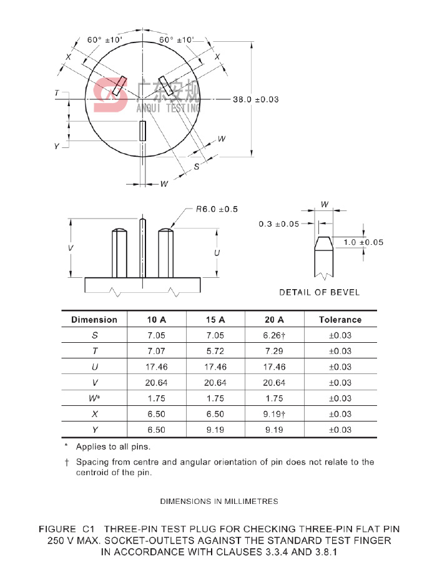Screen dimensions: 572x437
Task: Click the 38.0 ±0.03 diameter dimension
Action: point(256,99)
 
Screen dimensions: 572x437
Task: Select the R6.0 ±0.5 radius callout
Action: point(217,209)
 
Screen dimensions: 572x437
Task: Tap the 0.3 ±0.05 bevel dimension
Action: point(279,224)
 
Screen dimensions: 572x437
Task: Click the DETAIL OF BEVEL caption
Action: point(319,292)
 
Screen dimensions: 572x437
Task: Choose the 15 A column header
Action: point(215,320)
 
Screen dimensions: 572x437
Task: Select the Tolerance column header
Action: point(340,320)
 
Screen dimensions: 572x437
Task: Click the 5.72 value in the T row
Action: point(215,351)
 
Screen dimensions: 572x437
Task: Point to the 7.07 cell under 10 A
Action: point(157,351)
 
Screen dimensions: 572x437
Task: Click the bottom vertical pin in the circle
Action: point(143,131)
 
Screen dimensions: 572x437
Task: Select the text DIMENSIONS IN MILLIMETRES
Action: point(219,501)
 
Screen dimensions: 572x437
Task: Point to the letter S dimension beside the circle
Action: point(197,167)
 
